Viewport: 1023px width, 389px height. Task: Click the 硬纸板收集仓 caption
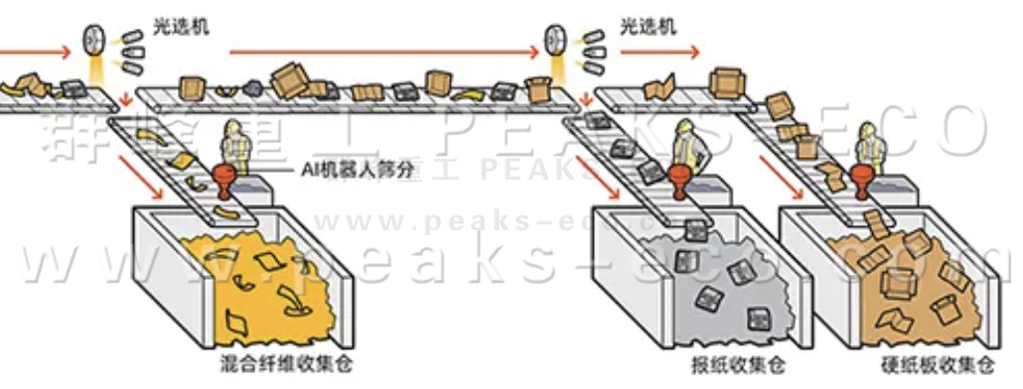tap(938, 364)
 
